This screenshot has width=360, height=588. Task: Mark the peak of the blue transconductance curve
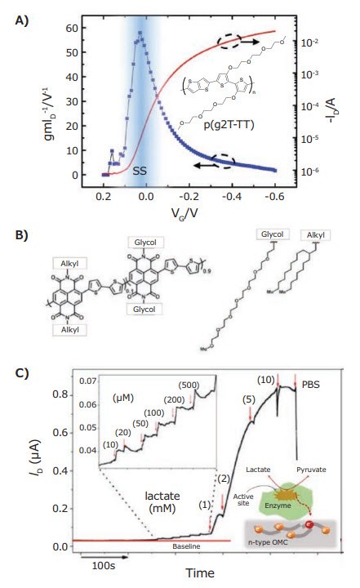click(140, 33)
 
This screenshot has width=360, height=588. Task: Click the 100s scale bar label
click(102, 566)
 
